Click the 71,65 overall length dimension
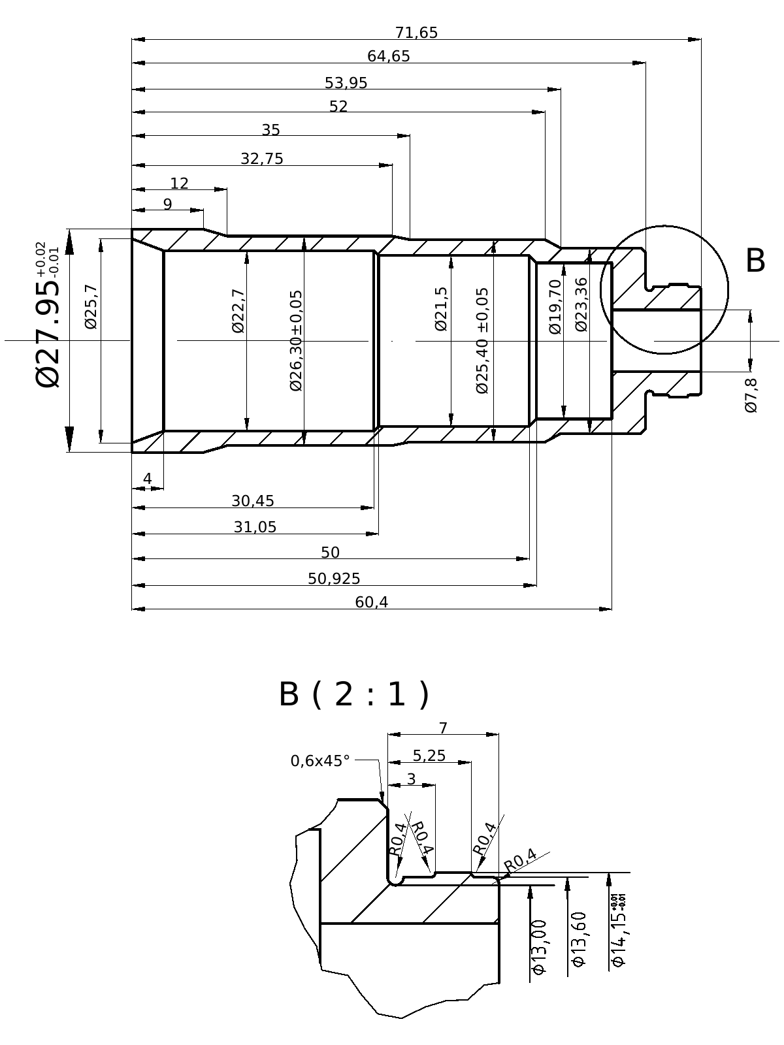(x=416, y=33)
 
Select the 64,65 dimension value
(x=389, y=57)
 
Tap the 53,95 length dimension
(x=346, y=84)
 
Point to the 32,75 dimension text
(x=262, y=159)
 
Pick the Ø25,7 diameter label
(x=91, y=306)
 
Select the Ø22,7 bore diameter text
(x=238, y=310)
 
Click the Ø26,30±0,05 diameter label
(x=296, y=340)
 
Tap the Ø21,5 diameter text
(x=442, y=308)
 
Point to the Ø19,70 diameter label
(x=555, y=306)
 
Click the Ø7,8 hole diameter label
(x=751, y=394)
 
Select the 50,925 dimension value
(x=334, y=579)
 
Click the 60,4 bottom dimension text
(x=372, y=603)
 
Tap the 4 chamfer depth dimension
(x=148, y=479)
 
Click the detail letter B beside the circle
(x=755, y=261)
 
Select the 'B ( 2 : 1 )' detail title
(x=354, y=694)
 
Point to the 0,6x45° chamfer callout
(x=320, y=761)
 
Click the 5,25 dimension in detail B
(x=429, y=756)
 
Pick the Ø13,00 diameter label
(x=539, y=947)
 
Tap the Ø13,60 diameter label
(x=579, y=939)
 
